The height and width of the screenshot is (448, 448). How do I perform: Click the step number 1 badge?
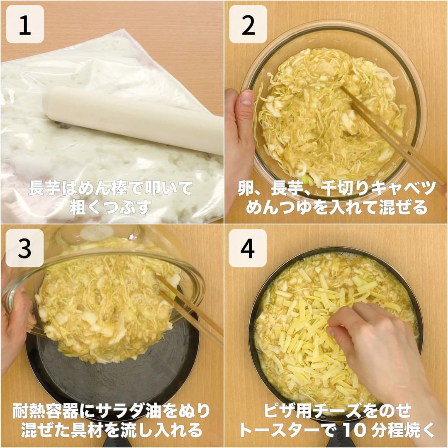(25, 24)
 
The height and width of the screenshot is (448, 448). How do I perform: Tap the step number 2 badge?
(248, 24)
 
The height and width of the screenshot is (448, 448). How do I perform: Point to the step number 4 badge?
(248, 248)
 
